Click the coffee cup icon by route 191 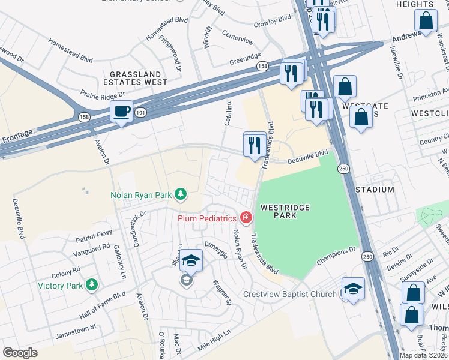pos(121,112)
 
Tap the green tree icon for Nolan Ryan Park pos(179,194)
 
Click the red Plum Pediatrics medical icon pos(245,218)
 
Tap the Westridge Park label pos(285,212)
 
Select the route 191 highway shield pos(140,112)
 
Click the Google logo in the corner pos(20,352)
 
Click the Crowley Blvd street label pos(271,20)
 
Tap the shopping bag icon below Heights pos(426,21)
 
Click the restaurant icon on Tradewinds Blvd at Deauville pos(255,145)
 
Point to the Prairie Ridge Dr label pos(103,94)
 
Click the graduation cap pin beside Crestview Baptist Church pos(353,289)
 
